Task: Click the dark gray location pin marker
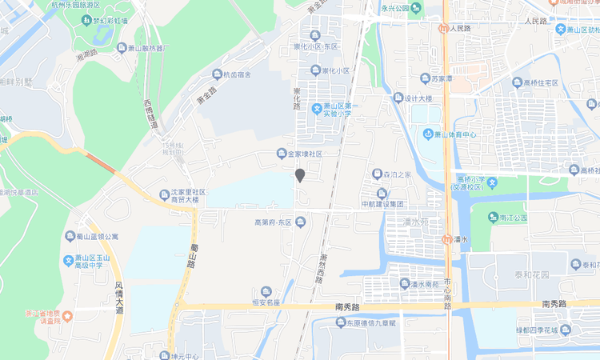pos(300,175)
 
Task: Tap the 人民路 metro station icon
pos(443,29)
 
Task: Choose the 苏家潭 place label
pos(442,78)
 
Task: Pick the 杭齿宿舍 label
pos(236,75)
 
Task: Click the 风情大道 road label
pos(118,297)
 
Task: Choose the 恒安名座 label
pos(266,302)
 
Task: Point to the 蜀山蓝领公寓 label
pos(97,237)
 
